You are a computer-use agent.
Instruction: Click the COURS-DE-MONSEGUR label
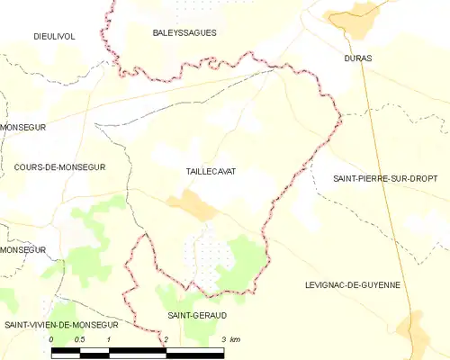(x=60, y=167)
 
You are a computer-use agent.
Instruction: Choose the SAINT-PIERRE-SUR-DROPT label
(x=384, y=178)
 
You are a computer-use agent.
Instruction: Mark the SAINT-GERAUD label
(x=198, y=315)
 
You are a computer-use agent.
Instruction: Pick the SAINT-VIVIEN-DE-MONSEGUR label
(x=61, y=323)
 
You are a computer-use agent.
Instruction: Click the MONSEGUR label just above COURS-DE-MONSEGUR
(x=22, y=128)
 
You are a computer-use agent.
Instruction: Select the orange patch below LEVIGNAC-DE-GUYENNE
(x=413, y=328)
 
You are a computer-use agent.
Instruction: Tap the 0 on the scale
(x=52, y=339)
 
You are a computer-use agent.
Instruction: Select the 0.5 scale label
(x=79, y=339)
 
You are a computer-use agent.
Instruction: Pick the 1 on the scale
(x=109, y=339)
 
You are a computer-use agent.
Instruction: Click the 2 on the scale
(x=166, y=339)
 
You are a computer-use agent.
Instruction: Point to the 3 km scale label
(x=229, y=339)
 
